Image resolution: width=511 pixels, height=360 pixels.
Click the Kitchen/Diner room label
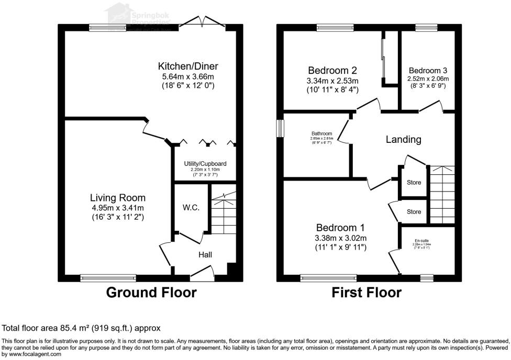tap(188, 66)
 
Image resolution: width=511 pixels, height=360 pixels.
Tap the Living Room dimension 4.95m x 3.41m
tap(117, 207)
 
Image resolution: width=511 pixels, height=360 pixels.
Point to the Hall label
tap(205, 255)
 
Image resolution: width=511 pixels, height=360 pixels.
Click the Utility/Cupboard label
tap(202, 164)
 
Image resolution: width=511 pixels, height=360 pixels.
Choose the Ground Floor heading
tap(151, 292)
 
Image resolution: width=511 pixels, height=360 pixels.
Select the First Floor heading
tap(366, 292)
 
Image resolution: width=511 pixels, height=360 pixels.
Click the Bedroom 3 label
tap(428, 71)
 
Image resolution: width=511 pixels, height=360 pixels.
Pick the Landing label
tap(403, 140)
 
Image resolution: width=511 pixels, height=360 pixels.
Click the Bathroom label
tap(322, 134)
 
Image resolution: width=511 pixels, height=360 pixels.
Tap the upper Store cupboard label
tap(414, 183)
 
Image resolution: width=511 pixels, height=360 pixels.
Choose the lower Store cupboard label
tap(414, 212)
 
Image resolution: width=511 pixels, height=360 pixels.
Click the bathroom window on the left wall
tap(280, 128)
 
